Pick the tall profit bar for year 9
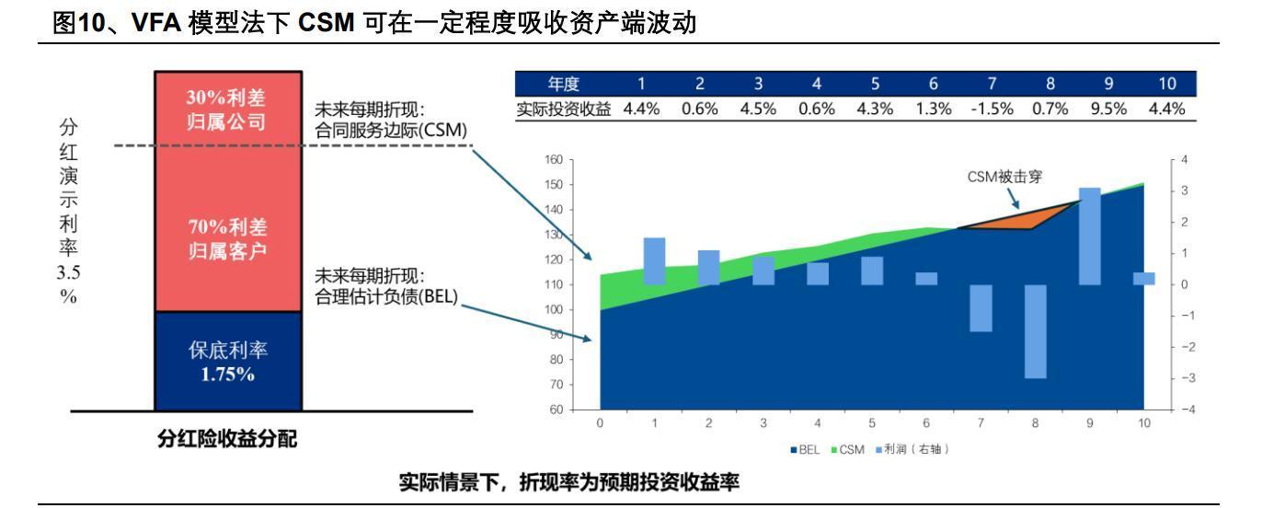click(1089, 236)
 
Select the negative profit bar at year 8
click(1035, 331)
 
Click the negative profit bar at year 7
click(981, 308)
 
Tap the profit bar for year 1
click(654, 261)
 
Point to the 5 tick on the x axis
click(872, 423)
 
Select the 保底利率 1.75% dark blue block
click(228, 362)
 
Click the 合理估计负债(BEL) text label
click(386, 299)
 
